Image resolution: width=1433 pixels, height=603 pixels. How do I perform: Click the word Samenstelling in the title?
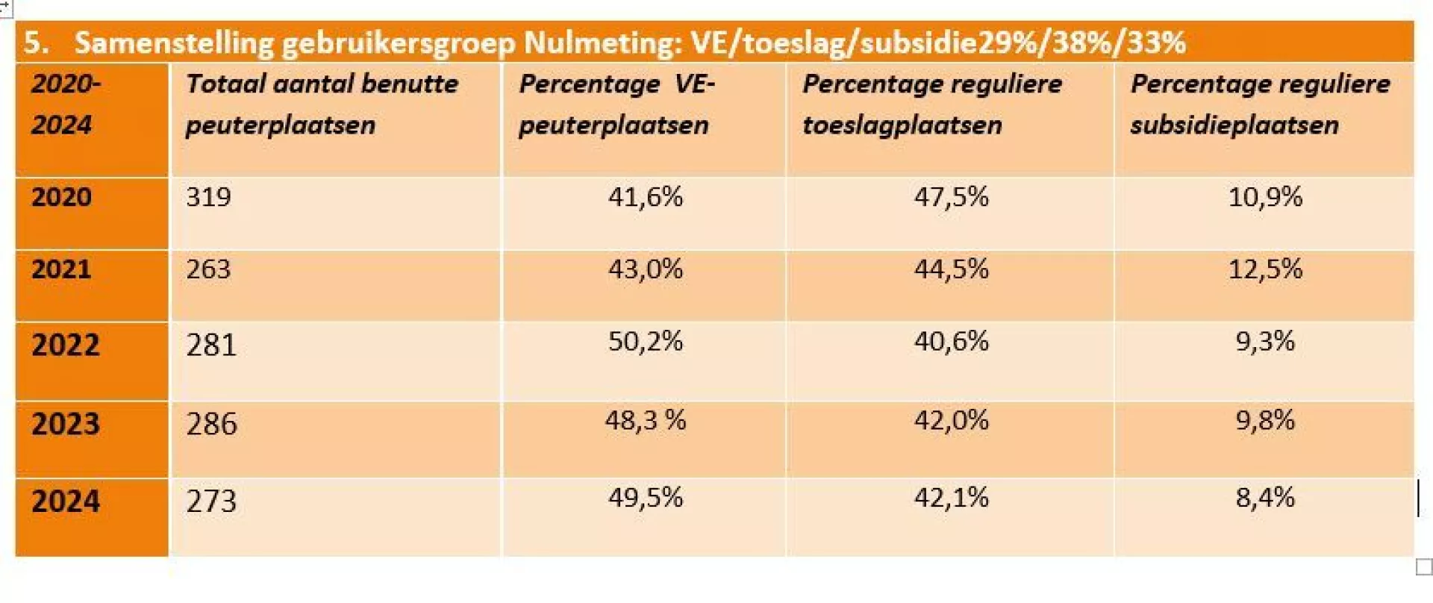(x=174, y=43)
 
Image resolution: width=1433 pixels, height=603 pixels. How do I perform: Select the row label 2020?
(x=61, y=197)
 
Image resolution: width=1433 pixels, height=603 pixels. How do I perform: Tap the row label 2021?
(x=61, y=269)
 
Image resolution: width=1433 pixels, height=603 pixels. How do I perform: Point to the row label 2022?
(x=66, y=345)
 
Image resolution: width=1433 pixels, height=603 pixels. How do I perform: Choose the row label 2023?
(x=66, y=424)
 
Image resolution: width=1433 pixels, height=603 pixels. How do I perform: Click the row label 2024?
(x=66, y=501)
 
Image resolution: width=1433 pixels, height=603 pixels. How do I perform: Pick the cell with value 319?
(x=208, y=197)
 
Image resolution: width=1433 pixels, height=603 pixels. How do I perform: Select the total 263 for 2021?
(x=208, y=269)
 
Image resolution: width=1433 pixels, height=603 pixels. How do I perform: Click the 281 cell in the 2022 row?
(x=211, y=345)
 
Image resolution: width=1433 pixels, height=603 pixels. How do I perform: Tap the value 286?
(x=212, y=424)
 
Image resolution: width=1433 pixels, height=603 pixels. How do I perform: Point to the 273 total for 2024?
(x=211, y=501)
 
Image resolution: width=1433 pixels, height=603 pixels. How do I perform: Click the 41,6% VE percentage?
(x=645, y=197)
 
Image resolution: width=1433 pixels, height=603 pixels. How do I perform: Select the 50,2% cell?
(x=645, y=341)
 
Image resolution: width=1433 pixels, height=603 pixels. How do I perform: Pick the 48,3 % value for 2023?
(x=645, y=420)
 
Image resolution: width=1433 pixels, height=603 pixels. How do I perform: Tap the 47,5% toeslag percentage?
(x=951, y=197)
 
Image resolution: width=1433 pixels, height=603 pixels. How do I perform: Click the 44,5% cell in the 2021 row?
(x=951, y=269)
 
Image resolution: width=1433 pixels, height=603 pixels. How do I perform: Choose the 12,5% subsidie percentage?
(x=1265, y=269)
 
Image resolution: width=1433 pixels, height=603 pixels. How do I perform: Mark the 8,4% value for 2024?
(x=1265, y=498)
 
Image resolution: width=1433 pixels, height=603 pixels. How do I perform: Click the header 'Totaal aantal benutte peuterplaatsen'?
(x=322, y=104)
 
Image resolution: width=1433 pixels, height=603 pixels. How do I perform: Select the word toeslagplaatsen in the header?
(x=902, y=125)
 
